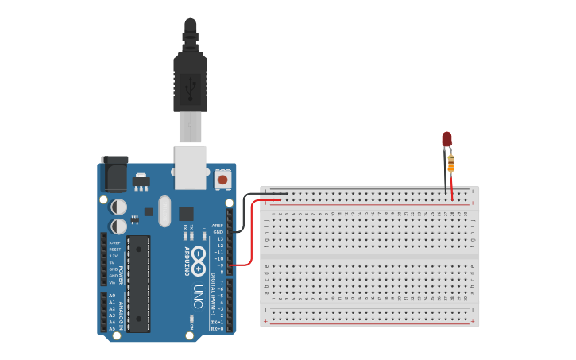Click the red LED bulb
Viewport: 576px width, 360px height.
point(446,139)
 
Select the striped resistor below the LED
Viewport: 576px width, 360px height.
point(451,164)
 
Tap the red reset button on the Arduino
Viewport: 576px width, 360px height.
point(223,180)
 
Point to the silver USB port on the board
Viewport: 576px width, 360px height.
point(191,167)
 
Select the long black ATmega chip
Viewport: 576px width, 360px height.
point(138,282)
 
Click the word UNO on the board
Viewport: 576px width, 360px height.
point(198,299)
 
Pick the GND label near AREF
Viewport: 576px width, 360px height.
point(218,231)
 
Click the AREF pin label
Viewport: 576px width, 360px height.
point(218,225)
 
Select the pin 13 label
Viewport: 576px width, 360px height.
point(220,238)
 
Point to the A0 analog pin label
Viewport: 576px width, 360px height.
point(111,296)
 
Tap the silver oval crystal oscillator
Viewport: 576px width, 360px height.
point(164,211)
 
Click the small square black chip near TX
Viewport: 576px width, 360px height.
point(186,213)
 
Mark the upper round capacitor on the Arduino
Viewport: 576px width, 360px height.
point(118,207)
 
